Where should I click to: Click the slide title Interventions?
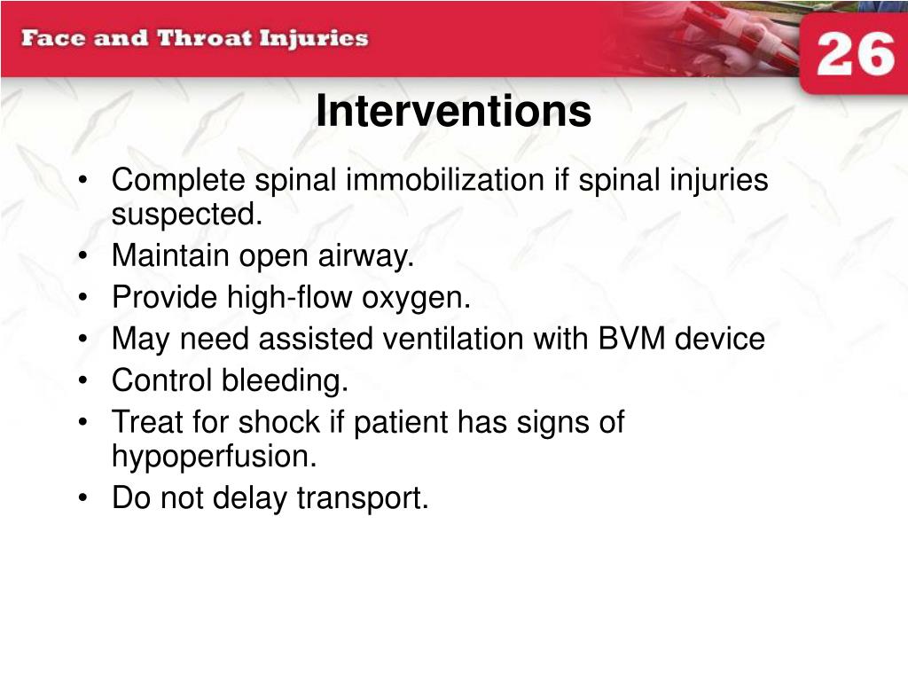click(453, 111)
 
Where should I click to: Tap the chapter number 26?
click(856, 54)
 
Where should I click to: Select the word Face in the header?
click(53, 38)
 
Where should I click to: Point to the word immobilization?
click(445, 179)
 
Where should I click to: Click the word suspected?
click(187, 215)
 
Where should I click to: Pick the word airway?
click(366, 256)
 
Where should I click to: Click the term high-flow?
click(289, 297)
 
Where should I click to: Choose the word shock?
click(279, 421)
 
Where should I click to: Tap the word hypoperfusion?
click(215, 458)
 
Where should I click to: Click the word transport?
click(363, 498)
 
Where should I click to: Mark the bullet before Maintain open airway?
click(83, 255)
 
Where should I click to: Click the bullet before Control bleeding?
click(83, 380)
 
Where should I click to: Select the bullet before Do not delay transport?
click(83, 497)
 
